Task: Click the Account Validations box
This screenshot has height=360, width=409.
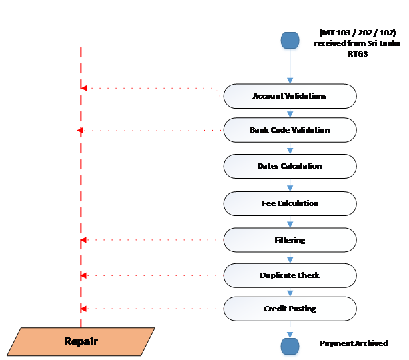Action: point(290,96)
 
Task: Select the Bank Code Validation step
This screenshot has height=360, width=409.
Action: point(290,130)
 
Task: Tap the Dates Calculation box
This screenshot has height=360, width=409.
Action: point(290,166)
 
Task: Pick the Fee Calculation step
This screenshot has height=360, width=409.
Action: point(290,203)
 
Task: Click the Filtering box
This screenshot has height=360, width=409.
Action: point(290,240)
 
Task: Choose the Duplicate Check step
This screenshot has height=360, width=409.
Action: point(290,275)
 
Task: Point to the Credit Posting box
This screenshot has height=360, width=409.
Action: point(290,309)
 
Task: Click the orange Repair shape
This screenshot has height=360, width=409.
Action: point(81,341)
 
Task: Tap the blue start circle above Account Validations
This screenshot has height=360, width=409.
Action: point(290,42)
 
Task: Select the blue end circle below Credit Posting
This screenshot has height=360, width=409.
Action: point(290,346)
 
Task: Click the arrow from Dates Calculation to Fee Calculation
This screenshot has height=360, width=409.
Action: point(290,185)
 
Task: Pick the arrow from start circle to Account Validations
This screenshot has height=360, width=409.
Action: point(290,68)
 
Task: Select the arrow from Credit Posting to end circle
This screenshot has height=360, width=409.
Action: point(290,328)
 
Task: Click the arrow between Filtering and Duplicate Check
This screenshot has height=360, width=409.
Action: point(290,258)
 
